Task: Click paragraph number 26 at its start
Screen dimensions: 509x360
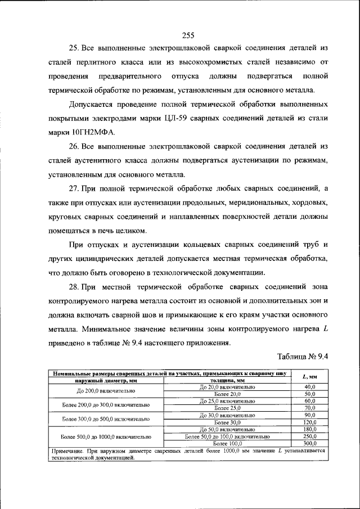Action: (74, 148)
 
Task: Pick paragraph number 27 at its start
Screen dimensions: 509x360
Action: (74, 188)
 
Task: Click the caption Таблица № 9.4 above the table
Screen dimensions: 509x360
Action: (303, 357)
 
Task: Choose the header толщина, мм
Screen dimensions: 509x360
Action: (227, 381)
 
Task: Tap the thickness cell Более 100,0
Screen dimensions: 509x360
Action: (227, 443)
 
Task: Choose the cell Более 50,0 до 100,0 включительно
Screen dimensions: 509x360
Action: (227, 436)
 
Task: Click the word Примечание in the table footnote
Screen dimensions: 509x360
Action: (67, 451)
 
